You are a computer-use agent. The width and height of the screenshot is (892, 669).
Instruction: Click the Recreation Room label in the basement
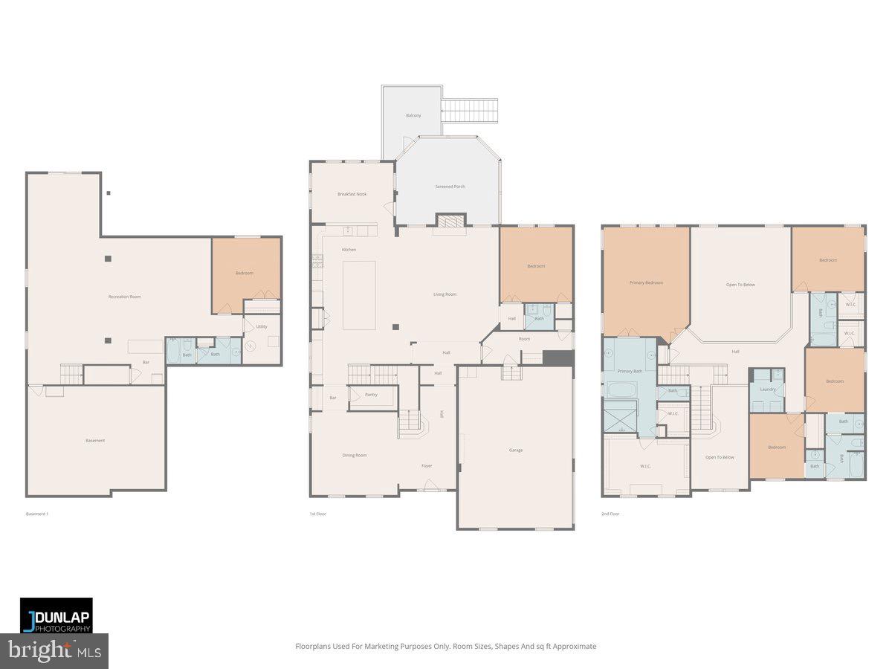124,297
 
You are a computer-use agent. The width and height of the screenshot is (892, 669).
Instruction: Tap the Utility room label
262,326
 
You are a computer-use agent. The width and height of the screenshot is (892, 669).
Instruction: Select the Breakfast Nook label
352,194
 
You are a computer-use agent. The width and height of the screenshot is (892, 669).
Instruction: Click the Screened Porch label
450,187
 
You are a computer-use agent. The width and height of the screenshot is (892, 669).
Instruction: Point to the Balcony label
413,115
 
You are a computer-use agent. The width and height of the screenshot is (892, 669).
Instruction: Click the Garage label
515,450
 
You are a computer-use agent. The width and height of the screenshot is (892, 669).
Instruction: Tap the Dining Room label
354,455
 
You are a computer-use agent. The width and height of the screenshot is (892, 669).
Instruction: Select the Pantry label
371,395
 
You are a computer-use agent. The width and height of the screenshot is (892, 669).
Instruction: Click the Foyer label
427,466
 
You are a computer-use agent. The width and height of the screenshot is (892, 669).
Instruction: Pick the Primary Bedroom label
646,282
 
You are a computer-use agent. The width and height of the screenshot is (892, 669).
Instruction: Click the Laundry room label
767,389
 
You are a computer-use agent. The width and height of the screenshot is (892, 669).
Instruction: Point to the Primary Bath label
630,371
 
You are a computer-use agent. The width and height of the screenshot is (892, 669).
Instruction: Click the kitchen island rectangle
359,295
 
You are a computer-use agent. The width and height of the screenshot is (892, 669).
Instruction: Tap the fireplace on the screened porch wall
449,220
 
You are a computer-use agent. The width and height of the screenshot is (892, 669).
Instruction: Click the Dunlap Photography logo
56,615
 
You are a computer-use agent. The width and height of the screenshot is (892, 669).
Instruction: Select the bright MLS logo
54,651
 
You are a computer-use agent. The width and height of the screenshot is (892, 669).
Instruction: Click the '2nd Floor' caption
610,514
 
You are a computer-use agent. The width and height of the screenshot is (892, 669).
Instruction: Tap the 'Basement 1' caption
36,514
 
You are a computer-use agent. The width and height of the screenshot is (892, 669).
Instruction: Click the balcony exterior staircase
469,111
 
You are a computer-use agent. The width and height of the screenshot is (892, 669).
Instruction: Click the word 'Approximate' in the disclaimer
573,647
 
